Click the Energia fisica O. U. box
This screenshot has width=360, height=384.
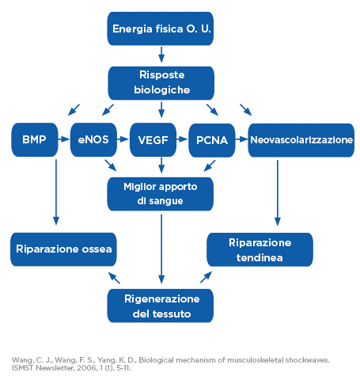(x=161, y=29)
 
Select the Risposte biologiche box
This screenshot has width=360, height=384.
(x=161, y=83)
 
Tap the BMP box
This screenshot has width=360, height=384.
(x=35, y=139)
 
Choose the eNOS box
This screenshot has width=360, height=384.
(x=93, y=139)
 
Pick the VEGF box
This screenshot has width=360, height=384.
(x=153, y=140)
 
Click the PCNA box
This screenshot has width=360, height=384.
(x=212, y=140)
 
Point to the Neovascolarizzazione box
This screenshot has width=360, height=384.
(x=301, y=140)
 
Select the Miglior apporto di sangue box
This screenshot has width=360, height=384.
(x=161, y=194)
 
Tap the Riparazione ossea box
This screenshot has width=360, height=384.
(x=63, y=249)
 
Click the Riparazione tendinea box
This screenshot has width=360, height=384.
(x=260, y=249)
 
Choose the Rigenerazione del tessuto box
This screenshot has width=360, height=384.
(x=161, y=306)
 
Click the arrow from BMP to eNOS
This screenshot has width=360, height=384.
(x=64, y=139)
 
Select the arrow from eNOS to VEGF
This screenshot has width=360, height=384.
(x=123, y=139)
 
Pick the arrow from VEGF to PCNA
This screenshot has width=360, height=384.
(x=182, y=139)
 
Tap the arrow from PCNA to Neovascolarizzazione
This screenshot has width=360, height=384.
(x=241, y=139)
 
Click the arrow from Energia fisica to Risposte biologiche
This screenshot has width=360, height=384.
(x=161, y=55)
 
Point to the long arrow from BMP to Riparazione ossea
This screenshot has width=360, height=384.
(x=56, y=192)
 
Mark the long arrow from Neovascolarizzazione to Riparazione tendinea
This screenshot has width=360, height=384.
(x=278, y=193)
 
